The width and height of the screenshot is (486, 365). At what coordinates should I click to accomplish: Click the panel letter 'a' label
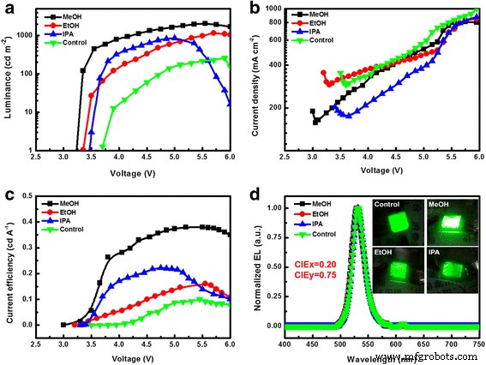pos(7,8)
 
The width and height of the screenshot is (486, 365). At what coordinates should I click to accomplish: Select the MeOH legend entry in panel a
pos(76,15)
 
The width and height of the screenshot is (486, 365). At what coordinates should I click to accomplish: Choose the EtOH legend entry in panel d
pos(323,212)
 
